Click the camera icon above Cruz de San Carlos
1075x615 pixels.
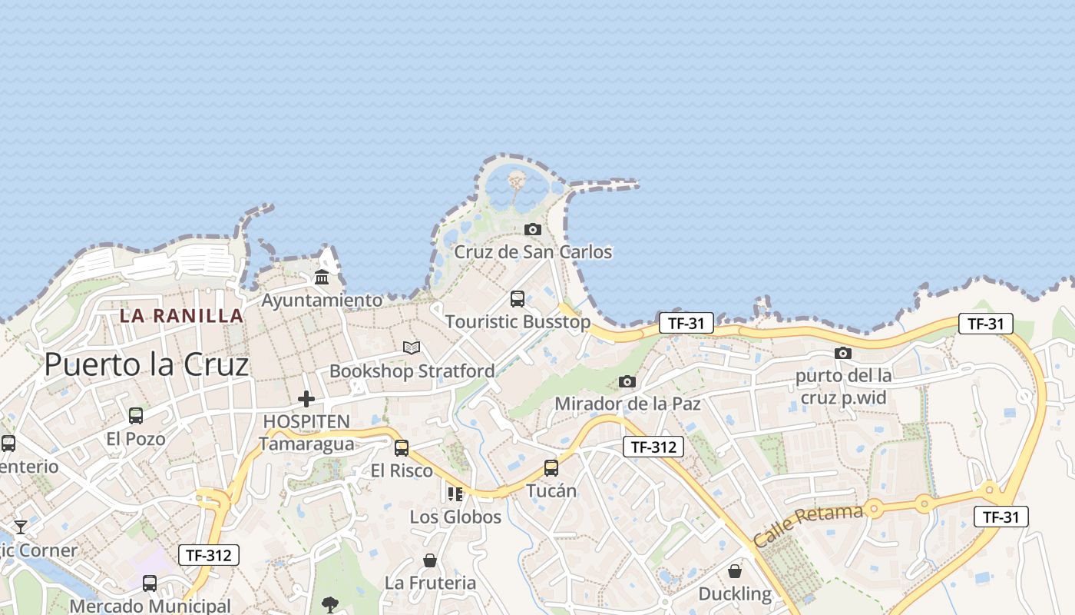(x=532, y=229)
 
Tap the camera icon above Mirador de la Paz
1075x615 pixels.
(x=627, y=381)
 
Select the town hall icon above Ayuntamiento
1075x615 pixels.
(x=322, y=277)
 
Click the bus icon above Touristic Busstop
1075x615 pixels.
(x=518, y=298)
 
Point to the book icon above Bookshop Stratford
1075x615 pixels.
(x=412, y=347)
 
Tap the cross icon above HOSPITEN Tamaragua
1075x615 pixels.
(x=306, y=398)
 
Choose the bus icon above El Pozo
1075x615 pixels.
(x=136, y=416)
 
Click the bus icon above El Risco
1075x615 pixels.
(x=402, y=447)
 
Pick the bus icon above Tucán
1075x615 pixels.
(x=551, y=467)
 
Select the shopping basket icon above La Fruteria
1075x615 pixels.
(x=430, y=560)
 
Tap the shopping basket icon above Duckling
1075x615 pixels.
(x=735, y=571)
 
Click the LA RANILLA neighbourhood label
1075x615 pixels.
(x=181, y=316)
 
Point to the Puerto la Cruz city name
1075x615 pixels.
(x=147, y=364)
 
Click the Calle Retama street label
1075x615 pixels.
(x=808, y=526)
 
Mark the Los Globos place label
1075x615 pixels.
(x=455, y=517)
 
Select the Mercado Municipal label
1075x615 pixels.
(x=150, y=606)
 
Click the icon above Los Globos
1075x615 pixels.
(x=455, y=494)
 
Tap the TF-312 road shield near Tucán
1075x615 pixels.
(x=653, y=447)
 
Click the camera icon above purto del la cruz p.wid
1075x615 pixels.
(x=843, y=353)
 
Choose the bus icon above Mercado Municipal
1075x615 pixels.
(x=150, y=583)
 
